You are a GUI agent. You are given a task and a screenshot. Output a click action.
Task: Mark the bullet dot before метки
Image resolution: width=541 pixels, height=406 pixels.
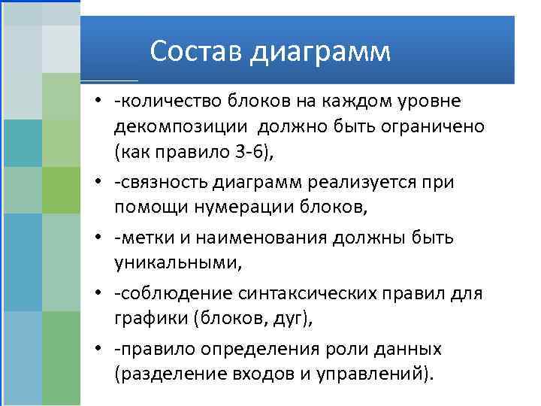[x=98, y=238]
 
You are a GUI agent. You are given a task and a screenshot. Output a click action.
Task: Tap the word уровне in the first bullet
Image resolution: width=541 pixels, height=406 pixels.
[x=430, y=101]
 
